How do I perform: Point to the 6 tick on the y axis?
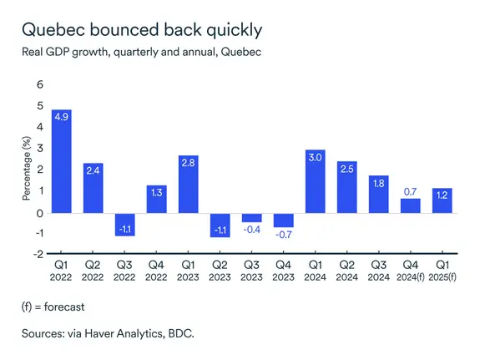(x=37, y=85)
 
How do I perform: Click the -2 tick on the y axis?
(x=35, y=256)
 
